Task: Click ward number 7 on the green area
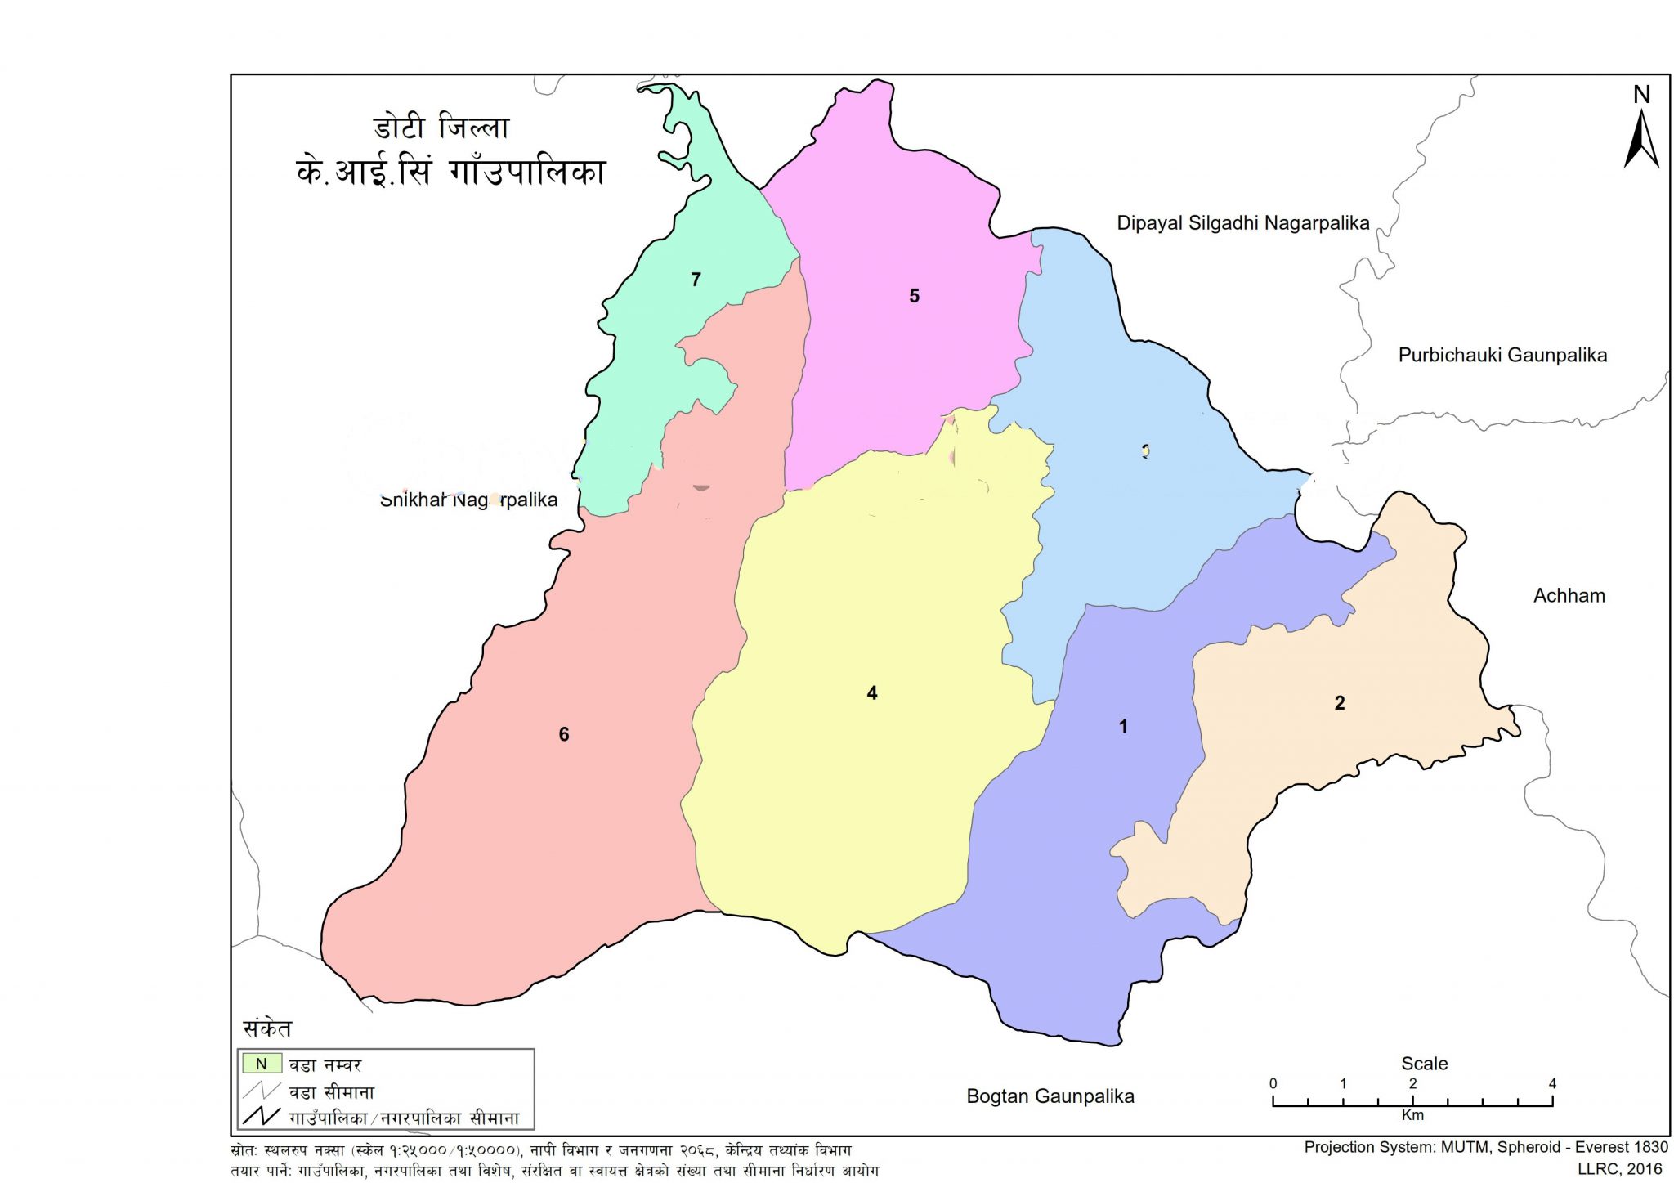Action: click(x=696, y=280)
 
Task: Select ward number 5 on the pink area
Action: click(x=914, y=296)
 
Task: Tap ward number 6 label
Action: click(x=564, y=735)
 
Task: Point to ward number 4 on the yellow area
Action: click(x=872, y=693)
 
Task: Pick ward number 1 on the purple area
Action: click(x=1123, y=727)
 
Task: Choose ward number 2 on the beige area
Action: click(x=1340, y=703)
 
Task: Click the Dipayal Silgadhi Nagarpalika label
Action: click(x=1242, y=223)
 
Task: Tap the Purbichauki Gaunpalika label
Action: click(x=1502, y=356)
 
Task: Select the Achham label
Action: click(x=1569, y=596)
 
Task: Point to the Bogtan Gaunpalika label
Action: click(x=1050, y=1097)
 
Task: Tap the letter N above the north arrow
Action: click(x=1641, y=96)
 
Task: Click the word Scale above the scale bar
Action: click(x=1424, y=1064)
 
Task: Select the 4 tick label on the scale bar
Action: click(x=1552, y=1084)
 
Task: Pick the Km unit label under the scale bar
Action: click(x=1412, y=1115)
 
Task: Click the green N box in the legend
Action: click(x=262, y=1064)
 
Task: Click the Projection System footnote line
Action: click(x=1485, y=1148)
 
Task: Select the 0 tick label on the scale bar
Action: click(x=1273, y=1084)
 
